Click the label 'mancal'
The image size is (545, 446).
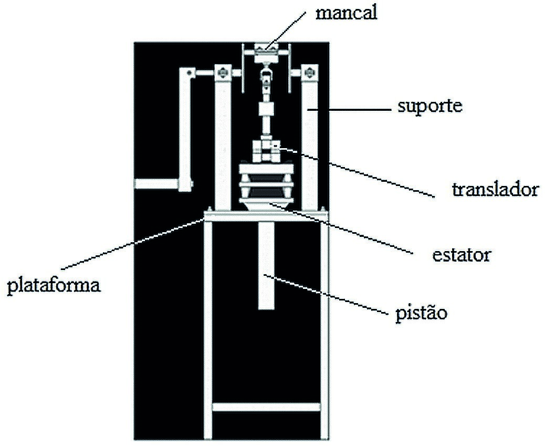coord(346,13)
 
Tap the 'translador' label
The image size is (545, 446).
coord(495,189)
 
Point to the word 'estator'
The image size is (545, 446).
coord(461,255)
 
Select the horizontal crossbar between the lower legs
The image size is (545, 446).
coord(266,406)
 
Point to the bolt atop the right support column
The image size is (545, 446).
coord(310,71)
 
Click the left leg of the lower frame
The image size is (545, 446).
coord(208,331)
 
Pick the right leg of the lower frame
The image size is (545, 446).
coord(324,331)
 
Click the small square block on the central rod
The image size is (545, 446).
coord(266,110)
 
